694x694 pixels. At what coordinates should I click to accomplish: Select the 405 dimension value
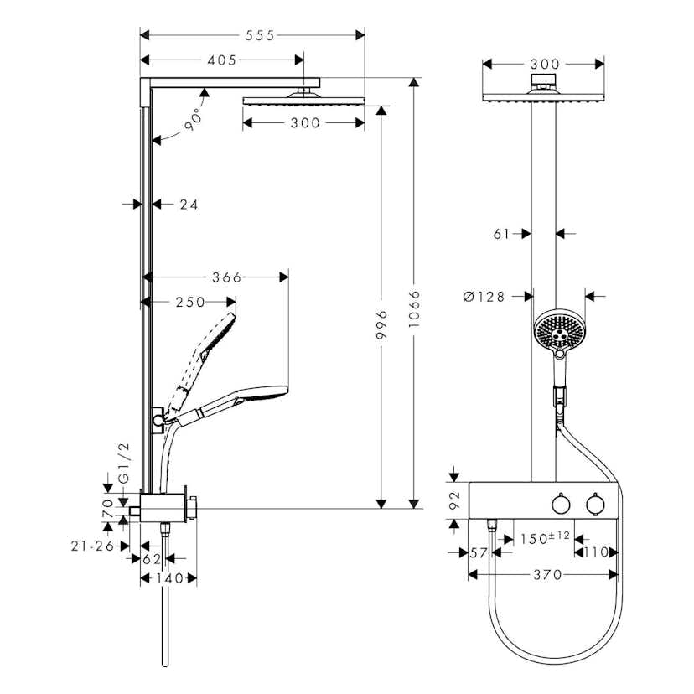221,60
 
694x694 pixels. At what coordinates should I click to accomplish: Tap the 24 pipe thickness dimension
189,204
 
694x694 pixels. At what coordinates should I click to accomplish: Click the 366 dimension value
225,277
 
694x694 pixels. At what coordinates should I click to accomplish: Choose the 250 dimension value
190,302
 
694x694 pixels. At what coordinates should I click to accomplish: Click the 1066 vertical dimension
414,312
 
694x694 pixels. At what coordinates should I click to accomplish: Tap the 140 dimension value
168,578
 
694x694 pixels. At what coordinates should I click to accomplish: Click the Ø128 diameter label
484,296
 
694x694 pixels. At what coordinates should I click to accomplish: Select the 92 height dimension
456,500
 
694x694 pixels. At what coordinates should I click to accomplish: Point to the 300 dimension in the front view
545,64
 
